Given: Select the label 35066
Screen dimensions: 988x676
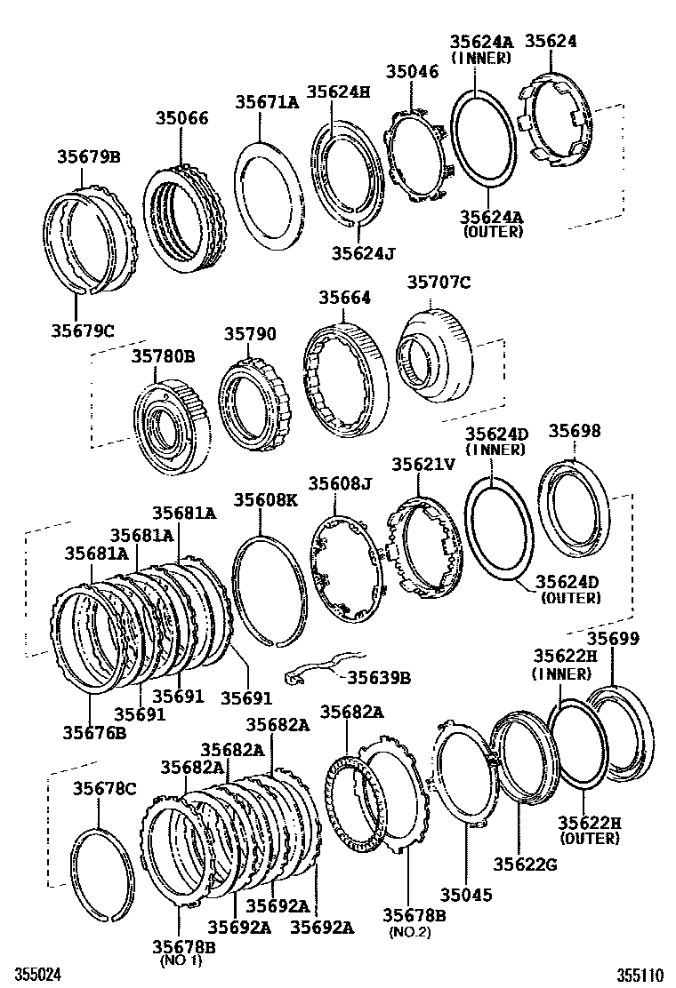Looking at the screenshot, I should click(x=182, y=118).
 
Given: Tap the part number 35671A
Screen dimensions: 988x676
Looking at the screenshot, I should click(x=267, y=102).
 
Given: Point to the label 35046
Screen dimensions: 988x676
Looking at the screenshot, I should click(x=412, y=73).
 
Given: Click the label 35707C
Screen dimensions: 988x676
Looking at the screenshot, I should click(x=439, y=283).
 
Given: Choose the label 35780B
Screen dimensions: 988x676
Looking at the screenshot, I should click(x=164, y=356).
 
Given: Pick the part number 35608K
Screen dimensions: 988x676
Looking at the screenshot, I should click(x=266, y=499).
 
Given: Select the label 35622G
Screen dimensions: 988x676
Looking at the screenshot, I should click(x=527, y=863).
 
